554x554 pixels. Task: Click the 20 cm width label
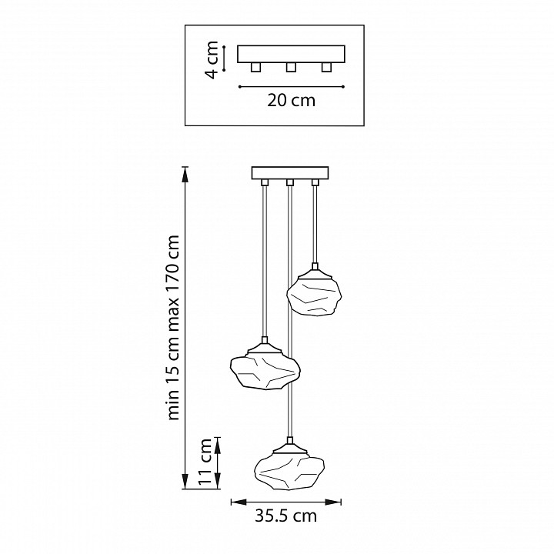[x=291, y=101]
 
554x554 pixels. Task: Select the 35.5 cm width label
[x=285, y=517]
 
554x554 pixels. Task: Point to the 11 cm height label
[x=205, y=462]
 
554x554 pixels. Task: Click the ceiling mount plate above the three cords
[x=290, y=172]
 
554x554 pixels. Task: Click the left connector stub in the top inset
[x=256, y=68]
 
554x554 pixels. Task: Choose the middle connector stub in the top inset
[x=291, y=68]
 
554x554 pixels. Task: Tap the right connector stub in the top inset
[x=326, y=68]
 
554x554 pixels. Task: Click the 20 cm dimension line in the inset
[x=291, y=85]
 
